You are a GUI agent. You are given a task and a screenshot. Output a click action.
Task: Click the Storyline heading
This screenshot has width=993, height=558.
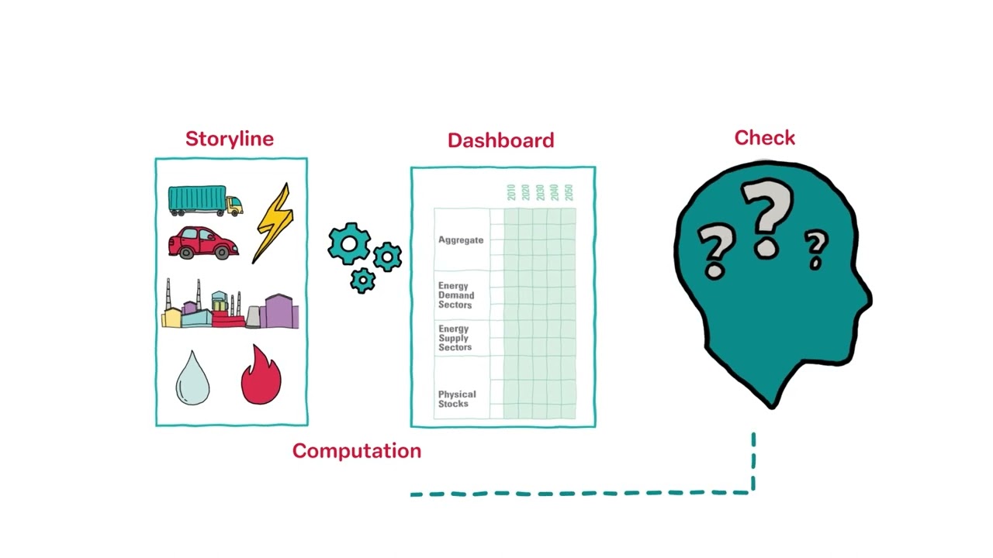[229, 139]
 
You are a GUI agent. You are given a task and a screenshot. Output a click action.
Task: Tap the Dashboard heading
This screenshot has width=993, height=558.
[501, 140]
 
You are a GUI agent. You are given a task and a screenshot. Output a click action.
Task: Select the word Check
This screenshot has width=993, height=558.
[765, 138]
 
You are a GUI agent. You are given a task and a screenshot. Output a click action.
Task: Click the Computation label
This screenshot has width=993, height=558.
[357, 451]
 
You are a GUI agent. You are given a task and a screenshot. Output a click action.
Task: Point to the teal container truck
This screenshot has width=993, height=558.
[206, 201]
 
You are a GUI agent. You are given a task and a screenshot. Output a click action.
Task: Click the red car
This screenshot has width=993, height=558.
[203, 243]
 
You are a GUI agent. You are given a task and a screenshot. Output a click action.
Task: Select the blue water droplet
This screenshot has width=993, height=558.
[192, 378]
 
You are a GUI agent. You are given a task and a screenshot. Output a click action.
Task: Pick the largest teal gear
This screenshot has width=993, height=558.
[349, 243]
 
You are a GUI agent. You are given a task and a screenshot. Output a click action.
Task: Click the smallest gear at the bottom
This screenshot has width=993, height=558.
[362, 281]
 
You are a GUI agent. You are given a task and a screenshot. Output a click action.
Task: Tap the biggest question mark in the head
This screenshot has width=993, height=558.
[766, 218]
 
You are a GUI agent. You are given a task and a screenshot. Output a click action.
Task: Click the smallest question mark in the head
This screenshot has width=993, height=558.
[817, 249]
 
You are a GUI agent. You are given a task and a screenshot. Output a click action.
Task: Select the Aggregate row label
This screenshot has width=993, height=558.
[461, 240]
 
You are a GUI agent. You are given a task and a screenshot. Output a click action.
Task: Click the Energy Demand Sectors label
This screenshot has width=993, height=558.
[456, 295]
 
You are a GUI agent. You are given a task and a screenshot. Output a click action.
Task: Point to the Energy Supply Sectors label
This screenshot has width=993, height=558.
[455, 338]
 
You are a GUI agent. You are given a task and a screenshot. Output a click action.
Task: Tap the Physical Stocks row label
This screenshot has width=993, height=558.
[457, 399]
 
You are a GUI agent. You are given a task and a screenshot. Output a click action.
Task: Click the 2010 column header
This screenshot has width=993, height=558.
[511, 193]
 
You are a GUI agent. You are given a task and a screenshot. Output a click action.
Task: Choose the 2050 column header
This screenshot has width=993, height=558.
[569, 193]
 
